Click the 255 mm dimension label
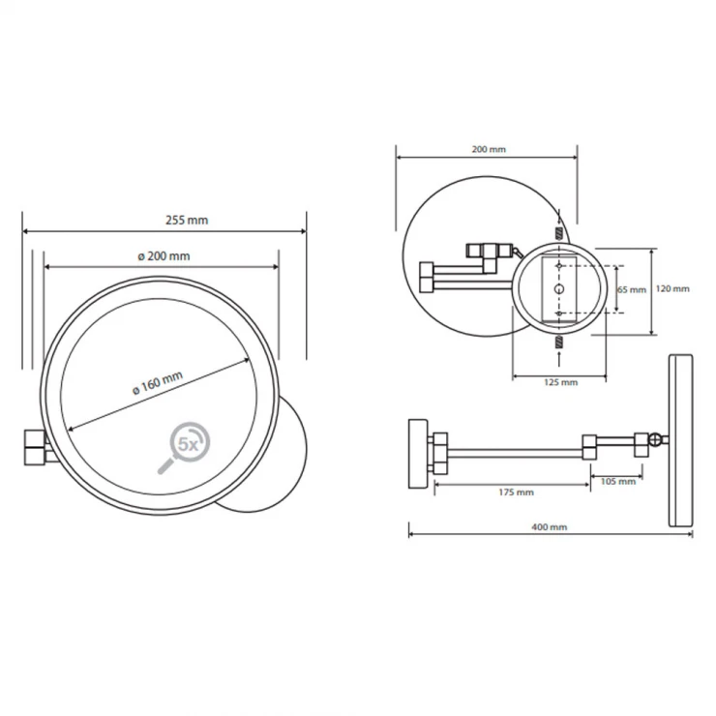187,220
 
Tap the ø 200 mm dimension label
164,256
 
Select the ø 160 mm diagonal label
158,382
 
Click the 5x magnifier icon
185,447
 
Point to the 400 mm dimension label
549,527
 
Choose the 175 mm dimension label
516,492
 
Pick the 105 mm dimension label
618,481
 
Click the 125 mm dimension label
561,382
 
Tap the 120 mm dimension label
672,288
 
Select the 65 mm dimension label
632,289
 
